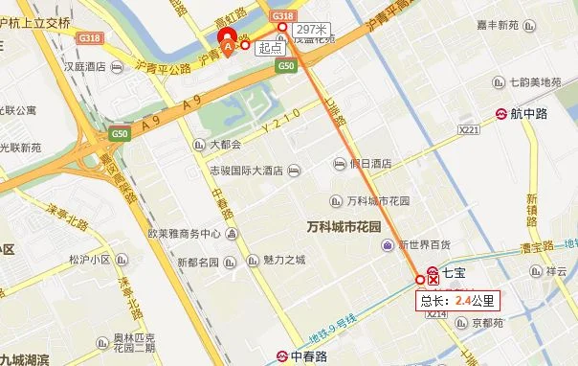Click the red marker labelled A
tap(228, 42)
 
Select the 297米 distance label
tap(314, 29)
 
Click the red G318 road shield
tap(282, 16)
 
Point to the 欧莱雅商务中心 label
tap(184, 234)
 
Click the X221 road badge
tap(469, 128)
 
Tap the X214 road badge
tap(436, 313)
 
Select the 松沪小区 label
tap(91, 258)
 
